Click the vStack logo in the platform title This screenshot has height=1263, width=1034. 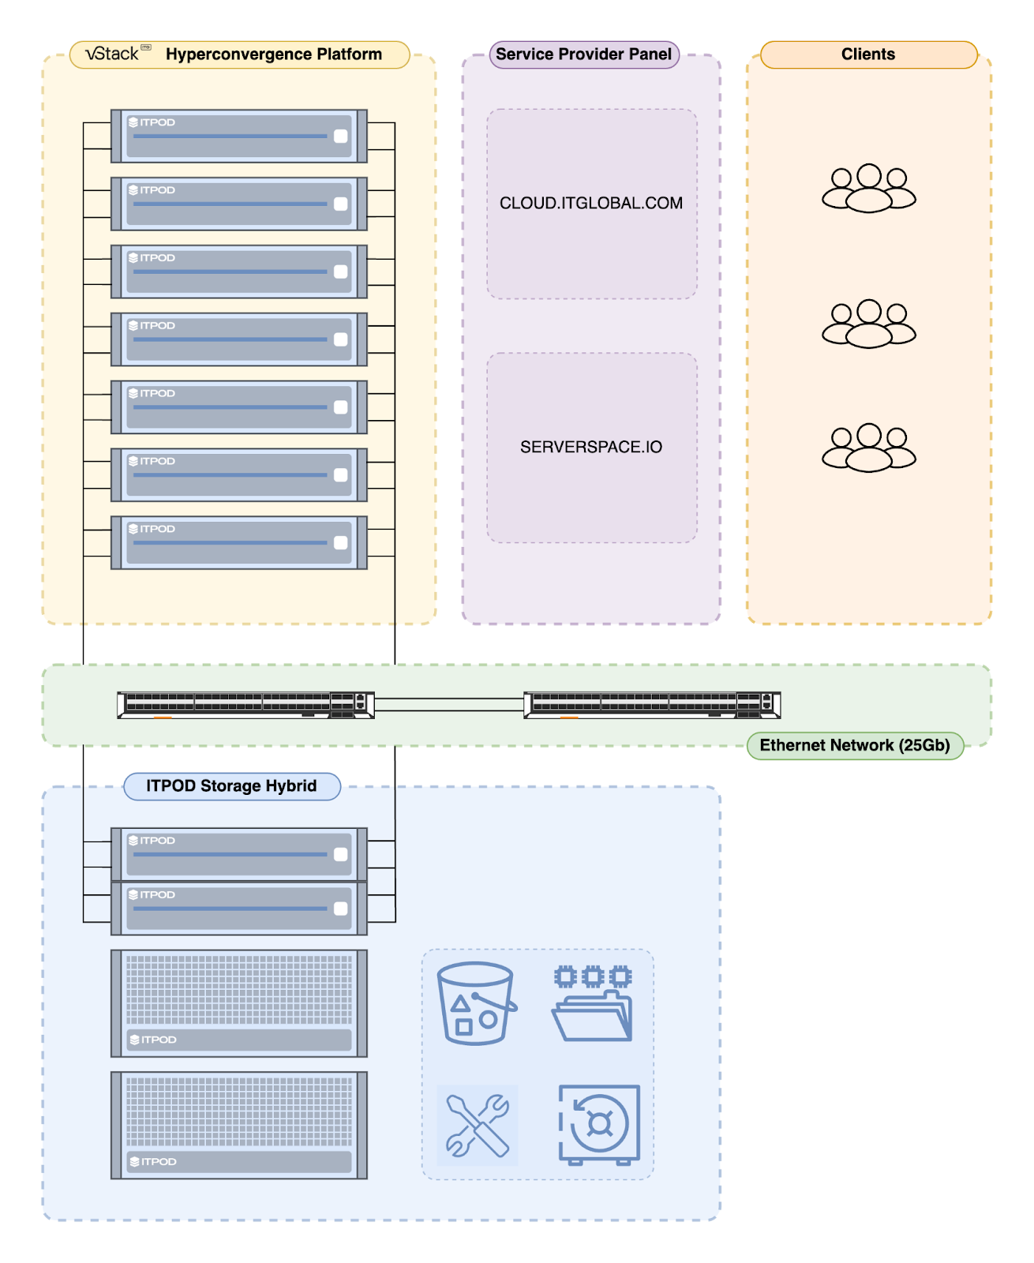(x=118, y=54)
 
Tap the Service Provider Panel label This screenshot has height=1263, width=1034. (x=583, y=54)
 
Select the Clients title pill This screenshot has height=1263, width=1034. (x=867, y=54)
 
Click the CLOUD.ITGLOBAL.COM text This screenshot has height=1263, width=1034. (x=590, y=203)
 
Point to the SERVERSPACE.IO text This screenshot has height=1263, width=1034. (x=590, y=447)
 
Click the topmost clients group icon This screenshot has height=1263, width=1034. (x=868, y=187)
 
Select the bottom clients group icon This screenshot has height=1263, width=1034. (x=868, y=448)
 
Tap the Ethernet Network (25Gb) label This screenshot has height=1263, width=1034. (x=854, y=745)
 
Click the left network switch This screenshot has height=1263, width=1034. (x=245, y=705)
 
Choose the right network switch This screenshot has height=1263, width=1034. (x=652, y=705)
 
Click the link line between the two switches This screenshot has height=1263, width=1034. (x=449, y=704)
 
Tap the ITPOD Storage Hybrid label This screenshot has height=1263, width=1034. (x=232, y=785)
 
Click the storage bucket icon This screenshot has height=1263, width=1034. (x=477, y=1003)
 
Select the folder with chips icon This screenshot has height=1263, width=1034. (x=592, y=1003)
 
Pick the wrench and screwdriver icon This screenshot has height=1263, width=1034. (x=478, y=1126)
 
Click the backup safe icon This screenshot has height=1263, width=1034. (x=599, y=1126)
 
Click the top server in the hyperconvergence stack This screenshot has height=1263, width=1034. (x=239, y=136)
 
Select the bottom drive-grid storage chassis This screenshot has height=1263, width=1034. (x=239, y=1126)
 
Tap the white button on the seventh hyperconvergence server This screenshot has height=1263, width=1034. (x=341, y=542)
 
